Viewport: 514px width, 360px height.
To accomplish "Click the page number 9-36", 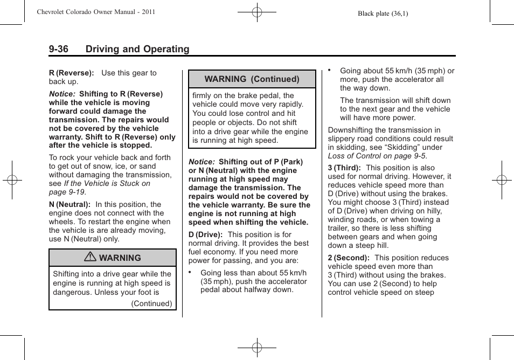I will click(x=58, y=49).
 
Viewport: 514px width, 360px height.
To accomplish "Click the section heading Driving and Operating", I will click(x=137, y=49).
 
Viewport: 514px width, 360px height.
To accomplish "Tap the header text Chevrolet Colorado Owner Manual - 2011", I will click(x=96, y=12).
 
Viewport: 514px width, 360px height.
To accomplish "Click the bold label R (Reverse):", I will click(x=71, y=73).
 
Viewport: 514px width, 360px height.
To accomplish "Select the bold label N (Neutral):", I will click(x=70, y=204).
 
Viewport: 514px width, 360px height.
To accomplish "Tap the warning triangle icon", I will click(x=90, y=258).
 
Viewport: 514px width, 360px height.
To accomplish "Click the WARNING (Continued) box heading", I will click(x=252, y=79).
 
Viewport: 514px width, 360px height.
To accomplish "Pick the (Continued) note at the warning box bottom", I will click(x=151, y=303).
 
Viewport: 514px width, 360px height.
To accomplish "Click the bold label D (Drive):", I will click(x=205, y=234).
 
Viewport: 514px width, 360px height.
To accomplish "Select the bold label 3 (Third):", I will click(x=344, y=168).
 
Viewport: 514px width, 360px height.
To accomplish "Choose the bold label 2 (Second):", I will click(x=349, y=258).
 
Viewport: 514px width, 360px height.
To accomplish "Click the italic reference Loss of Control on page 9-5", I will click(x=377, y=156).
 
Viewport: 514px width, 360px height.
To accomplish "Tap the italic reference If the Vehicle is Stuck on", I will click(x=107, y=183).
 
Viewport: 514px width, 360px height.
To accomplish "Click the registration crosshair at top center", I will click(x=257, y=12).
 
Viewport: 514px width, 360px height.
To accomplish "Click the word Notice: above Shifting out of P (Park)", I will click(x=202, y=162).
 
